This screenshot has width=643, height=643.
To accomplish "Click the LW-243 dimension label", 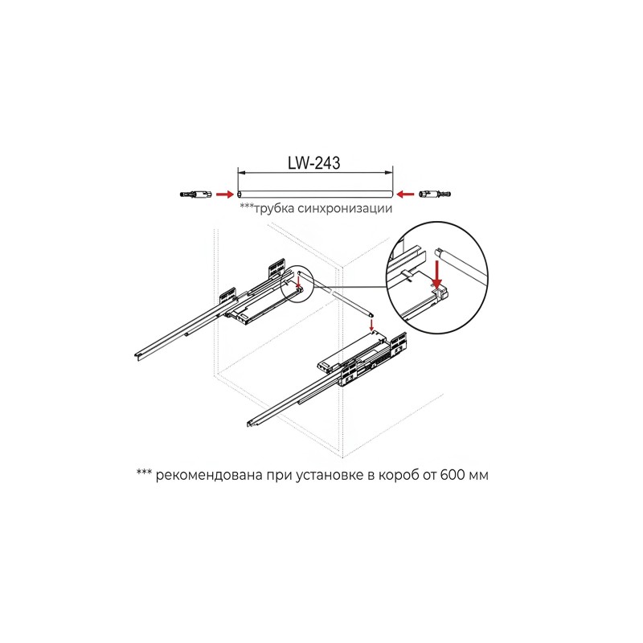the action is (313, 163).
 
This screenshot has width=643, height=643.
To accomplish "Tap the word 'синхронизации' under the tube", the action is (345, 209).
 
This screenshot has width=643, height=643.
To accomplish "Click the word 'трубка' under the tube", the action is (274, 209).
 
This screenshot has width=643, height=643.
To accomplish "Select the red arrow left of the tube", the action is (225, 194).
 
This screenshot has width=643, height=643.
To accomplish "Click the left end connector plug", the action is (195, 193).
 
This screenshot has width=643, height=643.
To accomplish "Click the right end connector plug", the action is (434, 193).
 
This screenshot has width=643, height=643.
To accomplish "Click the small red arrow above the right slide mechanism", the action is (371, 325).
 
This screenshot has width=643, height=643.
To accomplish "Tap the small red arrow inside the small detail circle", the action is (299, 281).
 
